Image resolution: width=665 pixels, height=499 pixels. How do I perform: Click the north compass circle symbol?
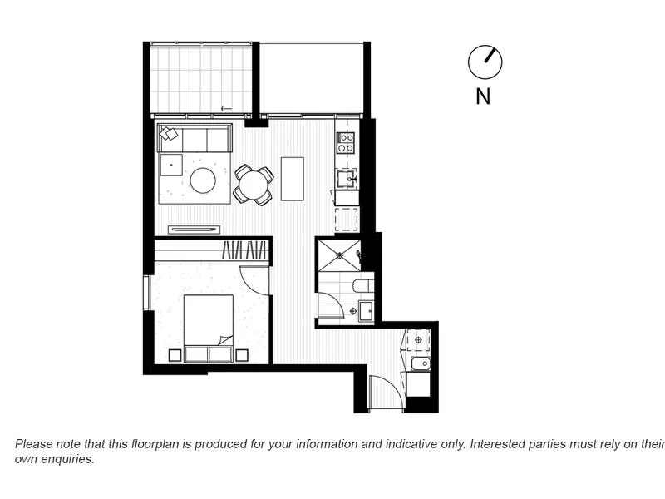tap(485, 62)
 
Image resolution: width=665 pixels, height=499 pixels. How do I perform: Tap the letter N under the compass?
tap(483, 96)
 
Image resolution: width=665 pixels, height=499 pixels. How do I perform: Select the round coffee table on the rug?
tap(203, 180)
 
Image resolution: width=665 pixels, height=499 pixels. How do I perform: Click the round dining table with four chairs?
tap(253, 185)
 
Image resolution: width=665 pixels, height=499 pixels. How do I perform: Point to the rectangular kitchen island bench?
tap(293, 179)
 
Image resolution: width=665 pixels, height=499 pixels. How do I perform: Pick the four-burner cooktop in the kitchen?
tap(345, 142)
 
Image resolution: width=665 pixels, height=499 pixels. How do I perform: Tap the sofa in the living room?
tap(195, 139)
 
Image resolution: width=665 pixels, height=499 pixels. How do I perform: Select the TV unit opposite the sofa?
tap(194, 229)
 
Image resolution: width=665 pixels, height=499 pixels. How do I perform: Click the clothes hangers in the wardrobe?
tap(246, 250)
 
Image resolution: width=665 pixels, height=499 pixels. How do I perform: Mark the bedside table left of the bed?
tap(175, 355)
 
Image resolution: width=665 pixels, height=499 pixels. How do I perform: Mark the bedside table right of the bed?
tap(242, 355)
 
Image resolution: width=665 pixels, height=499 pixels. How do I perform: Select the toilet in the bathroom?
tap(363, 286)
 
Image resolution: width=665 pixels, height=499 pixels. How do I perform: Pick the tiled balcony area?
tap(199, 81)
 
